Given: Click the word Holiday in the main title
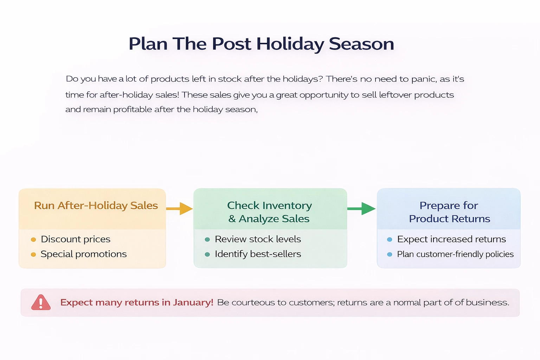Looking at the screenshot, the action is [x=290, y=44].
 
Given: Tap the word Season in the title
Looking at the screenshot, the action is [x=361, y=44].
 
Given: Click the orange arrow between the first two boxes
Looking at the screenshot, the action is [x=179, y=208].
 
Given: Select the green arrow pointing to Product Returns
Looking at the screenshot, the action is [x=361, y=208].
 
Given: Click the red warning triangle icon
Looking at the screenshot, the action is [x=41, y=302].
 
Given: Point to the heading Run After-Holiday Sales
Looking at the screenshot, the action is [x=96, y=206].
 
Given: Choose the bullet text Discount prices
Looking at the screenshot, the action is [x=76, y=239].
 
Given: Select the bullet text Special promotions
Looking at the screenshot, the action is [x=84, y=254].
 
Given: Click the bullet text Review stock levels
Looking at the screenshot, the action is [x=258, y=239].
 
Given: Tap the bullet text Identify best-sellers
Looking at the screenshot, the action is [x=258, y=254].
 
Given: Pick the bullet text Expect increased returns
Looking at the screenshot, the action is [x=451, y=239].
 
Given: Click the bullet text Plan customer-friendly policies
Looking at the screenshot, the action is [x=455, y=254].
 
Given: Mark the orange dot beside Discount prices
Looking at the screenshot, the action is [x=33, y=240].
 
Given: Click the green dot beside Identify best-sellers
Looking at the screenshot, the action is [x=207, y=255].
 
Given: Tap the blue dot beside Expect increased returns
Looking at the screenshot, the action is [x=390, y=239].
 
